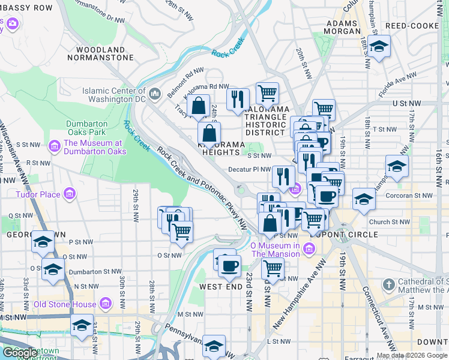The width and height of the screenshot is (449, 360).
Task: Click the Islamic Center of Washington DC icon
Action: point(155,93)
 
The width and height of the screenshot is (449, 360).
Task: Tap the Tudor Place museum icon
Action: point(70,194)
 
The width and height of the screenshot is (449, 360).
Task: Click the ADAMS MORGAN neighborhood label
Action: point(342,27)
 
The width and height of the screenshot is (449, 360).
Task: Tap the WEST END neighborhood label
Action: point(220,287)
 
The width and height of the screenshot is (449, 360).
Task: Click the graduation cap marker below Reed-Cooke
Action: point(379,46)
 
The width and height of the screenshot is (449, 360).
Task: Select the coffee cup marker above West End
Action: point(229,265)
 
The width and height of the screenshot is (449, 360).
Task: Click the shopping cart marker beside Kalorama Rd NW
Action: point(267,93)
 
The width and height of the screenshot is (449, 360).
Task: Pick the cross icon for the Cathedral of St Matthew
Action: point(388,283)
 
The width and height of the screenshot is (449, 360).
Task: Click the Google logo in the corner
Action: point(20,352)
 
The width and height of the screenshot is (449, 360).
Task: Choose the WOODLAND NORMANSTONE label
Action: point(100,53)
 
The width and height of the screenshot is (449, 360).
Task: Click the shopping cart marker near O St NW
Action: point(181,230)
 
